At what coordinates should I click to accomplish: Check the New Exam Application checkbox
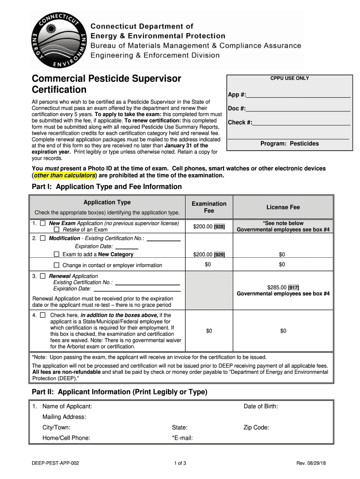[43, 224]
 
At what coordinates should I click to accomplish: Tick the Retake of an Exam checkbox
[57, 230]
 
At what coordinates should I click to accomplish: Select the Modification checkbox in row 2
[43, 238]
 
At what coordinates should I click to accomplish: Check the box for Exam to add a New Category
[57, 254]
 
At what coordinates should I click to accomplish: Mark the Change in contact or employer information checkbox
[57, 265]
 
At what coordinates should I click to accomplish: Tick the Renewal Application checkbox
[43, 276]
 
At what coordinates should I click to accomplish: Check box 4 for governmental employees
[43, 315]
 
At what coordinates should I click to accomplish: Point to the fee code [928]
[219, 227]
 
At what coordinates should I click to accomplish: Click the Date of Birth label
[260, 406]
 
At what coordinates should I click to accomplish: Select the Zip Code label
[256, 427]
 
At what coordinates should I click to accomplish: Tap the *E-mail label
[182, 438]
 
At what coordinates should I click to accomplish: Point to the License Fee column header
[283, 207]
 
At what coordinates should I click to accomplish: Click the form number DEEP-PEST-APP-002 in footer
[55, 464]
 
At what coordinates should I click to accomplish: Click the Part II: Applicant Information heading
[119, 392]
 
